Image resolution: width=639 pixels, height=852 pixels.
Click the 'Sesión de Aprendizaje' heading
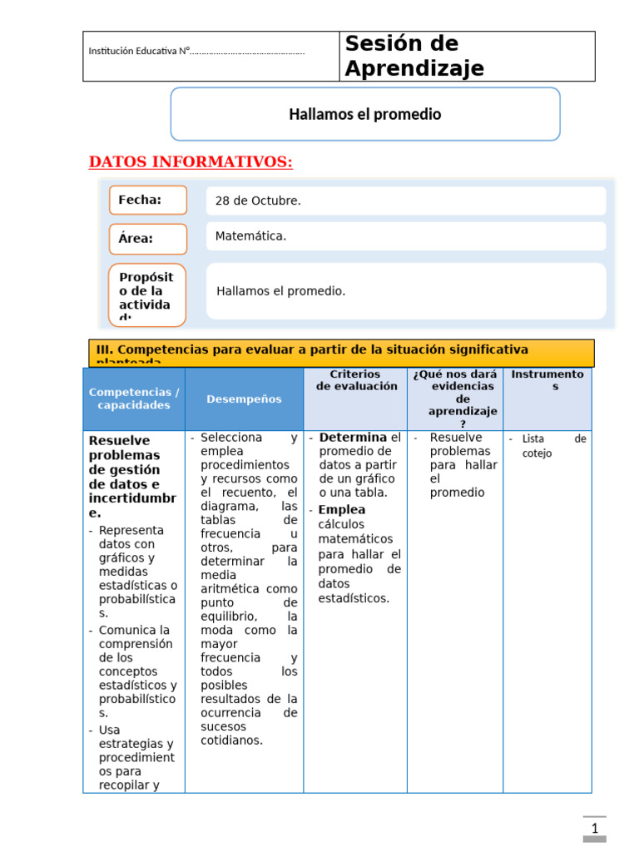tap(414, 56)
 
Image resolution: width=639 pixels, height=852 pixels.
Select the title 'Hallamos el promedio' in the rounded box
tap(364, 114)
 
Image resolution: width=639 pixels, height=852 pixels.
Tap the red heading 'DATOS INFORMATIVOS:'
tap(191, 161)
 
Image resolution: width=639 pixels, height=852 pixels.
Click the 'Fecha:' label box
tap(147, 200)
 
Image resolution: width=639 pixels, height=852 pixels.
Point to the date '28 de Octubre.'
tap(258, 201)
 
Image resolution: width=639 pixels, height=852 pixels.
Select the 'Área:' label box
tap(147, 239)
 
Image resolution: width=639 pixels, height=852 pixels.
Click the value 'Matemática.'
tap(250, 236)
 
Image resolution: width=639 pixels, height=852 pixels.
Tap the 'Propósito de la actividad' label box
tap(147, 295)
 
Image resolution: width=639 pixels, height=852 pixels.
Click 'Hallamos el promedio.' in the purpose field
tap(280, 291)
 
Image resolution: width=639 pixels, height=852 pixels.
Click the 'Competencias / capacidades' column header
tap(134, 399)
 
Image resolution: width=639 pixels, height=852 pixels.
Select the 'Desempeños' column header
tap(244, 399)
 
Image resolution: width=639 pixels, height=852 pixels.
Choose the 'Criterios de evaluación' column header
tap(355, 380)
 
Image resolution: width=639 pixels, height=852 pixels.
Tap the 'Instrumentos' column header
tap(547, 380)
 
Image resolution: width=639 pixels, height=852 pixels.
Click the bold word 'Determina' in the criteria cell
tap(353, 438)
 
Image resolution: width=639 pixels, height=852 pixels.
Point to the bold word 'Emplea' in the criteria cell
tap(342, 509)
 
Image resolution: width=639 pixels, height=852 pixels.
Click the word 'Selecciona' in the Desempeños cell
tap(231, 438)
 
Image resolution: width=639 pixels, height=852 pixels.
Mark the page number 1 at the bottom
tap(594, 829)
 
